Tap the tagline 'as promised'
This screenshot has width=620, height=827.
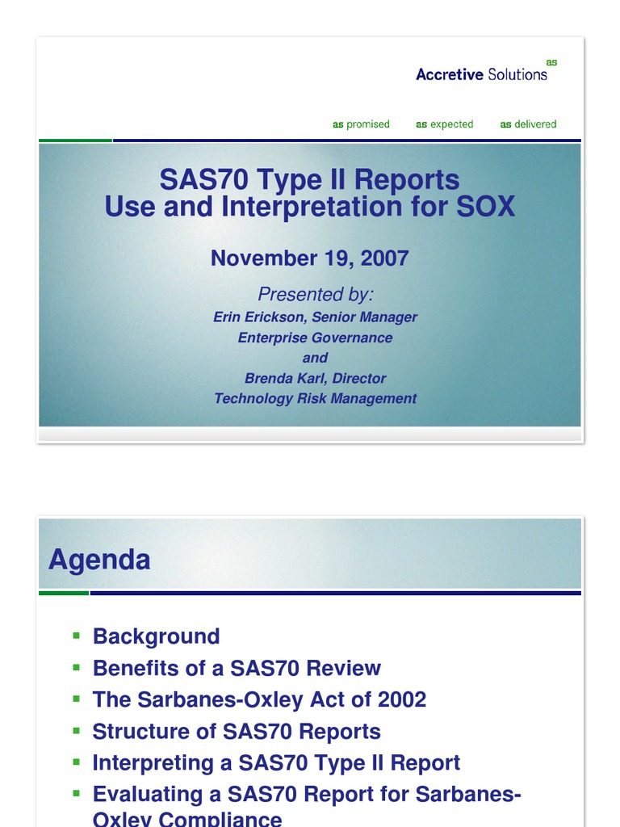pyautogui.click(x=361, y=124)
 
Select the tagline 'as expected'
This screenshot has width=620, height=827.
pyautogui.click(x=444, y=124)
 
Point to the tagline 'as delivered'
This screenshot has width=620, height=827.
pyautogui.click(x=528, y=124)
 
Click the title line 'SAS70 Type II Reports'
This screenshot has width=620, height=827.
pyautogui.click(x=309, y=179)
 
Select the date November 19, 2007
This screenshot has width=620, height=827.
pyautogui.click(x=309, y=258)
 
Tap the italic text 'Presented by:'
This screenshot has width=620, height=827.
pyautogui.click(x=315, y=294)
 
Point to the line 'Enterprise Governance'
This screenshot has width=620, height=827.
pyautogui.click(x=315, y=338)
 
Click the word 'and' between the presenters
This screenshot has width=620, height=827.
pyautogui.click(x=315, y=358)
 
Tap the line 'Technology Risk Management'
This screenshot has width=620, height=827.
pyautogui.click(x=315, y=398)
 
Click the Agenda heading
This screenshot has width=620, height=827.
pyautogui.click(x=98, y=560)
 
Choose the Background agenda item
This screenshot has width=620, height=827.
pyautogui.click(x=156, y=636)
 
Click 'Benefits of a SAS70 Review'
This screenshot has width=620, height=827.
pyautogui.click(x=237, y=668)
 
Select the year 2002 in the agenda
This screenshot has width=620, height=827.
pyautogui.click(x=400, y=699)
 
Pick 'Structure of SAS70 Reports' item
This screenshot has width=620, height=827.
pyautogui.click(x=237, y=732)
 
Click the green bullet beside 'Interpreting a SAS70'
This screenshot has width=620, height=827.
pyautogui.click(x=77, y=762)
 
